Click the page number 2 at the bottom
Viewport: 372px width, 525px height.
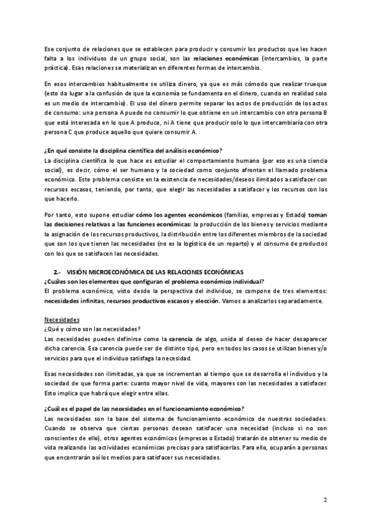(325, 500)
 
